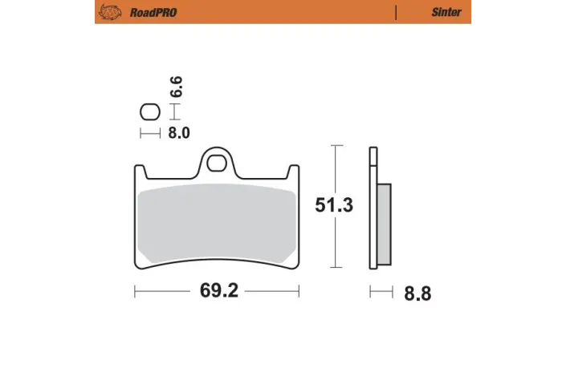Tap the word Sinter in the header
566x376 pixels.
tap(446, 12)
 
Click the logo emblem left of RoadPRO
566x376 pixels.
tap(107, 12)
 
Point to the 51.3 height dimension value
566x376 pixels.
tap(333, 205)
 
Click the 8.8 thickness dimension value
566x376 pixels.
tap(417, 293)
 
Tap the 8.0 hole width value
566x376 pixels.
tap(178, 133)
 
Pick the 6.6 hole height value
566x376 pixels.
tap(177, 87)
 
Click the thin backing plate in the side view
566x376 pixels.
tap(373, 208)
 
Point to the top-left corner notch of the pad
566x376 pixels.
tap(138, 172)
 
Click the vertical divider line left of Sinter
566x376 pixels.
tap(396, 12)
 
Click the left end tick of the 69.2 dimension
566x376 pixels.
tap(134, 291)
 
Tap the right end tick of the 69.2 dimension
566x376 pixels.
tap(299, 291)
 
